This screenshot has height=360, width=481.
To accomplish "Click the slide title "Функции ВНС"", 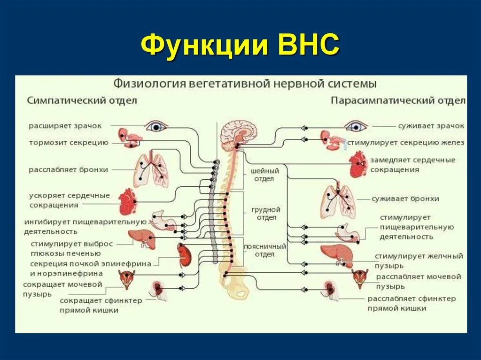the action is coord(240,46).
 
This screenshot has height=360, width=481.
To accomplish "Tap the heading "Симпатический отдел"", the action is coord(82,100).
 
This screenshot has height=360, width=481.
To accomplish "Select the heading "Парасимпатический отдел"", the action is coord(398,100).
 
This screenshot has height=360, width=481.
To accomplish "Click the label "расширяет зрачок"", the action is coord(65,126).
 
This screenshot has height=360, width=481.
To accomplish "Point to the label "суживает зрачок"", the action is coord(431,126).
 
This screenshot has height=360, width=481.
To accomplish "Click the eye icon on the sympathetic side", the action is coord(156,126).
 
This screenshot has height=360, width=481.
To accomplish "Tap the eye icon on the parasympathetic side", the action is coord(356,126).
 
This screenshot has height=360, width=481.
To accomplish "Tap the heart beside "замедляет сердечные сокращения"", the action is coord(358,164).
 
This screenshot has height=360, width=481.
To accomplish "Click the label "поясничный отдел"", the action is coord(264,250).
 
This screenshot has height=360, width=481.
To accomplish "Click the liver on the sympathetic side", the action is coord(142,237).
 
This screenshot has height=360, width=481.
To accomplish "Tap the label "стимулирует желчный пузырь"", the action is coord(419,260).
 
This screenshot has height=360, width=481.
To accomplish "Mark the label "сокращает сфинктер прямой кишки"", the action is coord(101,305).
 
